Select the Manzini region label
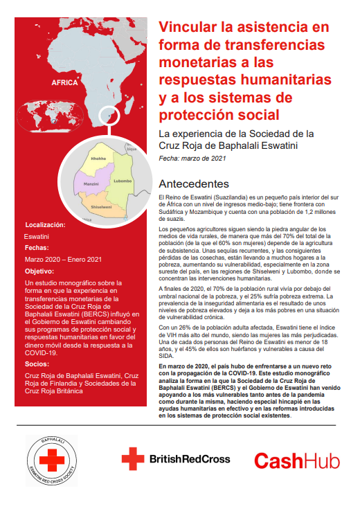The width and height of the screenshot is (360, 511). (91, 183)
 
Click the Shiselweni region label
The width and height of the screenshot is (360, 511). (101, 206)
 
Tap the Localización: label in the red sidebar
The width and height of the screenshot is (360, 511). (46, 225)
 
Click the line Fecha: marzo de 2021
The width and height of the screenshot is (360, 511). (192, 159)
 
